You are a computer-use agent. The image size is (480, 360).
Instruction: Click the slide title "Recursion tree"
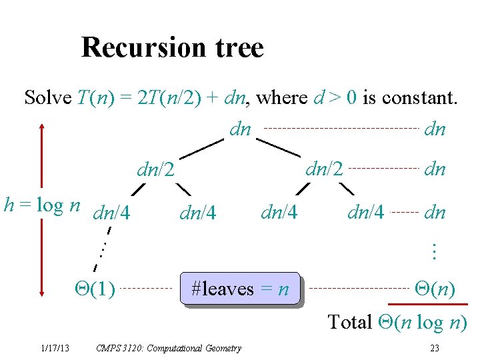[172, 47]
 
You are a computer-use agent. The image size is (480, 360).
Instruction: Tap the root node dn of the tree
[240, 129]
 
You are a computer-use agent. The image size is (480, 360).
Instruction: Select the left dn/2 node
[155, 171]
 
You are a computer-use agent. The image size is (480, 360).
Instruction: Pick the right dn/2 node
[324, 169]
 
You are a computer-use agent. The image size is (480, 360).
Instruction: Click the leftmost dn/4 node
[112, 214]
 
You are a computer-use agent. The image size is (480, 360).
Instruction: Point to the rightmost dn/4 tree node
[366, 213]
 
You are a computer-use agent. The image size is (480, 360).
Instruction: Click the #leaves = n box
[240, 289]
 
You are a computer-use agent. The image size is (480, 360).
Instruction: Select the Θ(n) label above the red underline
[435, 289]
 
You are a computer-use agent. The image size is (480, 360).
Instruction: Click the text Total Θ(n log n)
[397, 322]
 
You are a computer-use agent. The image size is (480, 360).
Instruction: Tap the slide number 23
[435, 348]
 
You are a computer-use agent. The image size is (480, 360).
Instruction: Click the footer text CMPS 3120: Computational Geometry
[169, 348]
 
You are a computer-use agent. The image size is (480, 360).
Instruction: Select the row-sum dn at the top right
[435, 129]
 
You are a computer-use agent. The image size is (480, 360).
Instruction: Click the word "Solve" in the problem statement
[48, 98]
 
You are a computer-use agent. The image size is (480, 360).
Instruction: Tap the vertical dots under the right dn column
[433, 251]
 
